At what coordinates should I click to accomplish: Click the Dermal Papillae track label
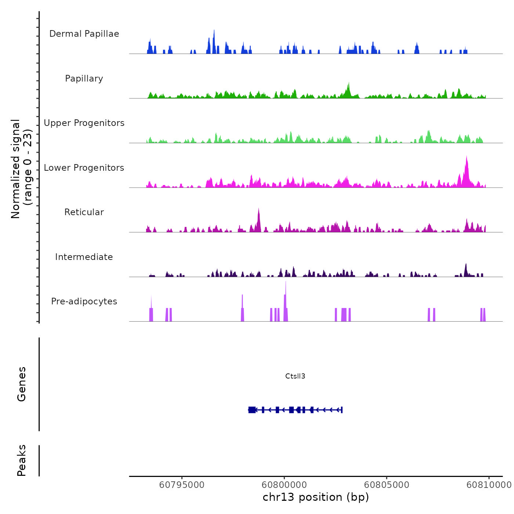coord(84,34)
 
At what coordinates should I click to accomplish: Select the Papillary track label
coord(84,79)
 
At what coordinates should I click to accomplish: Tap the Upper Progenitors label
coord(84,123)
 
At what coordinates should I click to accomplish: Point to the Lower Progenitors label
coord(84,168)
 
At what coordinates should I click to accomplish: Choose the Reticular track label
coord(84,212)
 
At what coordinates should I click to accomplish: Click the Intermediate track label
coord(84,257)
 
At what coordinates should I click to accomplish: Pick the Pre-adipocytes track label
coord(84,301)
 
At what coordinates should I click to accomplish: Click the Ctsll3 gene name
coord(295,376)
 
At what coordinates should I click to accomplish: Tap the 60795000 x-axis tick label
coord(182,485)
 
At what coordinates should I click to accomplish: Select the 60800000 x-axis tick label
coord(284,485)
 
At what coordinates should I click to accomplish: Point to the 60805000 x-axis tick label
coord(387,485)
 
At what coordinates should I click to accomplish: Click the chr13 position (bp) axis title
coord(316,497)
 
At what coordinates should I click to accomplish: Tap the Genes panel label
coord(22,384)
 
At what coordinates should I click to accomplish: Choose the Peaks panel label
coord(22,460)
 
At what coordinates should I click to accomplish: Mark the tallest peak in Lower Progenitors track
coord(467,158)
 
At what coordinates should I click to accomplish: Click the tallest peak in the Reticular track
coord(258,210)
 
